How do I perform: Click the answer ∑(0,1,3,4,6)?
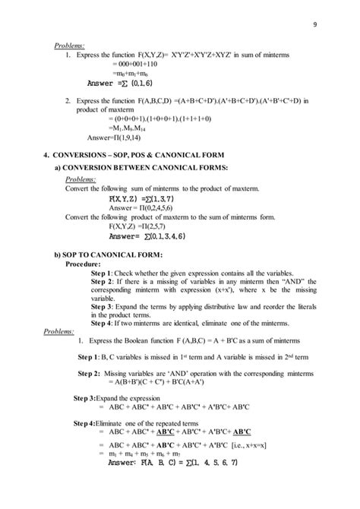pos(148,236)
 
